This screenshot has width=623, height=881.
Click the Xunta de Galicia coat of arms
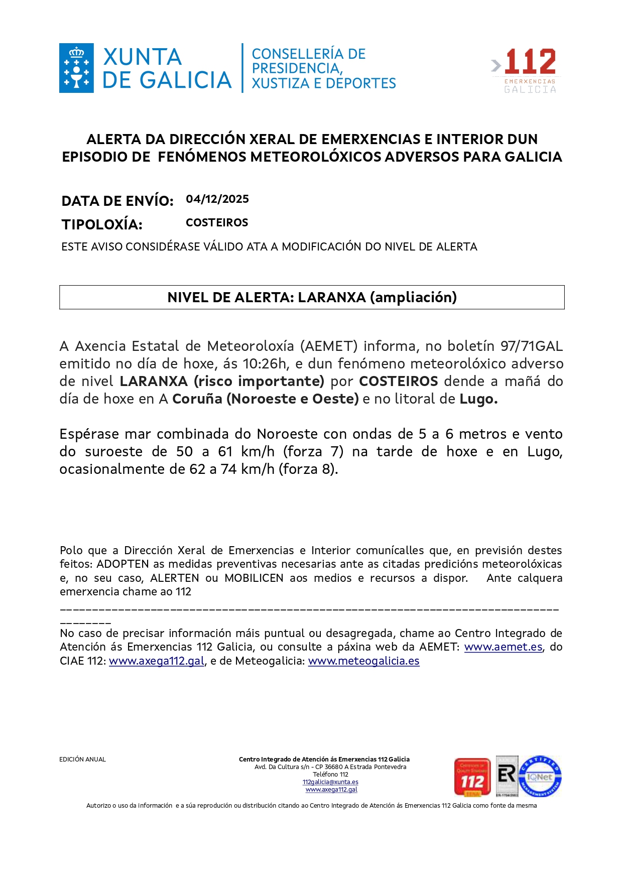coord(76,68)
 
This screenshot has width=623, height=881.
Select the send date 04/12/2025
coord(217,199)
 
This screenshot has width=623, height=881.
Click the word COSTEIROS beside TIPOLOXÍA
coord(217,223)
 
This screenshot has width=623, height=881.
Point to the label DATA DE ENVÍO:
coord(117,201)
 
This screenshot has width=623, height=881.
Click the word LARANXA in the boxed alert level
coord(331,298)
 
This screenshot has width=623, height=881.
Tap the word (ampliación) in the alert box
coord(413,298)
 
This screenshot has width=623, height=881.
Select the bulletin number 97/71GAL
coord(531,346)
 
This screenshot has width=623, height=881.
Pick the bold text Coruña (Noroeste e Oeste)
coord(265,399)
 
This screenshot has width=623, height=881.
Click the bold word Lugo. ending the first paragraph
coord(478,399)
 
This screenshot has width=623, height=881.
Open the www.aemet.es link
coord(503,647)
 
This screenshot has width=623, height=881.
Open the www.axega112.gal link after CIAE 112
coord(157,661)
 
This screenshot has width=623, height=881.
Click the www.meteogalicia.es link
coord(363,661)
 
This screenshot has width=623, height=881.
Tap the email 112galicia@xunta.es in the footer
coord(330,782)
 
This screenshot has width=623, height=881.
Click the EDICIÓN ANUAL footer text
coord(82,760)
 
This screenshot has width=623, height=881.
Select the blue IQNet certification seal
coord(540,777)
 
